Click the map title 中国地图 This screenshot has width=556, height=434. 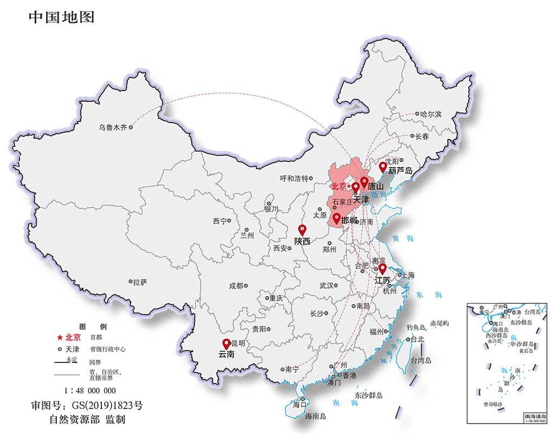tap(61, 17)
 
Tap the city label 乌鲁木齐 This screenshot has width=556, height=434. tap(112, 127)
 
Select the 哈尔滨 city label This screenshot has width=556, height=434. tap(431, 114)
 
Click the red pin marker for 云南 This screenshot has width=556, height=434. tap(226, 343)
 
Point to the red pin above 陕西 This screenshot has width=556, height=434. tap(302, 230)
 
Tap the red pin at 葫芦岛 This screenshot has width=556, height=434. tap(383, 167)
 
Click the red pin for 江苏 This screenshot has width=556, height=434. tap(382, 269)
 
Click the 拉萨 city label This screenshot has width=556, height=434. tap(139, 282)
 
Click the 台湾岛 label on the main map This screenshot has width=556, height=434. tap(421, 360)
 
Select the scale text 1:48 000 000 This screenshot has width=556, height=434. tap(90, 390)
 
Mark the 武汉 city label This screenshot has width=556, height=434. tap(327, 285)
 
